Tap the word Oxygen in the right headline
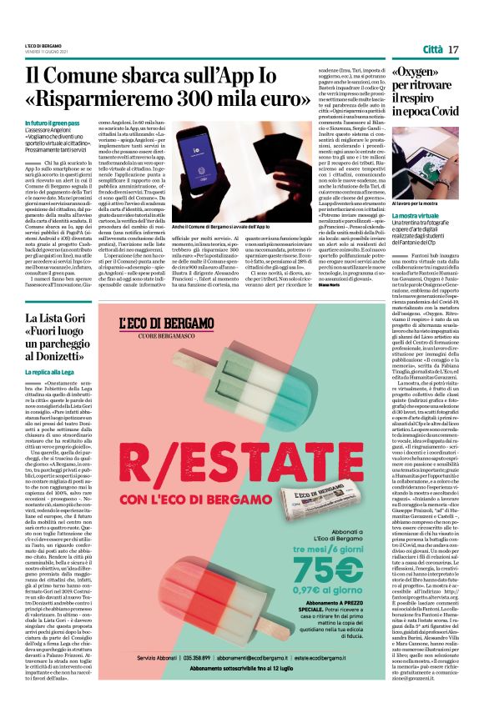(439, 73)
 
